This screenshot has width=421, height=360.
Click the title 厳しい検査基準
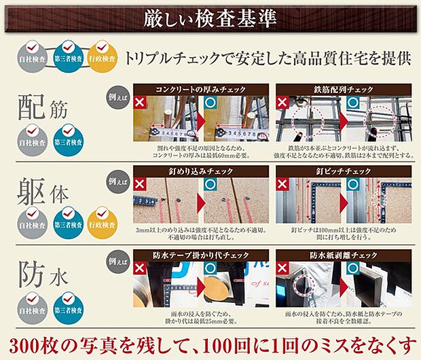point(210,18)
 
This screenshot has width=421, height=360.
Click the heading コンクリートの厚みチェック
point(200,90)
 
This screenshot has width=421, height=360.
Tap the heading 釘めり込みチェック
point(200,172)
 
